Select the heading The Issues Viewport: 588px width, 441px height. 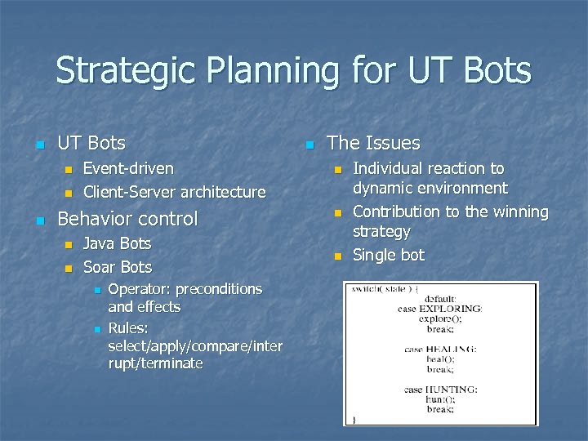(x=373, y=143)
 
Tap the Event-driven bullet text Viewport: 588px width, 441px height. (x=128, y=168)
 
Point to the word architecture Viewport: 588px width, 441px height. (x=223, y=192)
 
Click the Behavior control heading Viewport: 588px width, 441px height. (x=127, y=219)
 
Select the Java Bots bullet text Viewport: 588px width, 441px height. (x=117, y=243)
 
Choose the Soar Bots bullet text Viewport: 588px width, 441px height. (x=117, y=267)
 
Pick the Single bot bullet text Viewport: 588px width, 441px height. (x=388, y=255)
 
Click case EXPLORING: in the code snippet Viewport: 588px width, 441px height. (x=440, y=309)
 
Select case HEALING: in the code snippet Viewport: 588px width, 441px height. (x=440, y=349)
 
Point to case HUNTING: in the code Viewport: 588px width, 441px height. (x=440, y=390)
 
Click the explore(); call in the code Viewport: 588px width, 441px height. (x=440, y=318)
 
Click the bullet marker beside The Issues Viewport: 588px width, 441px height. (x=309, y=145)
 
